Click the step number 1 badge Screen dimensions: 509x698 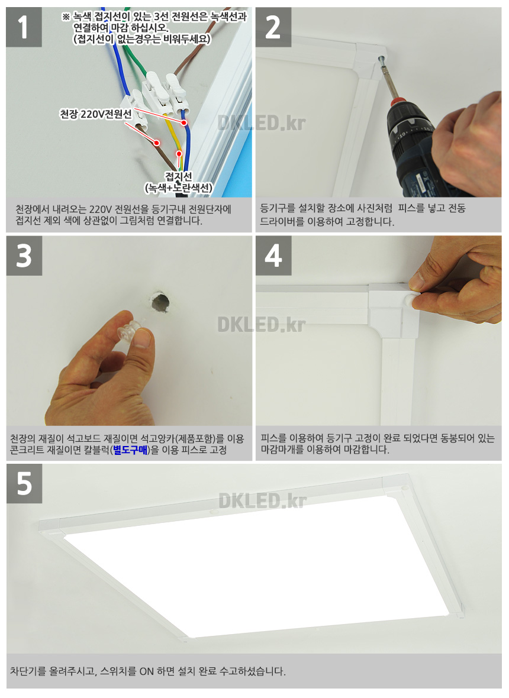click(x=24, y=27)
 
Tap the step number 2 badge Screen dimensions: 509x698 click(x=273, y=27)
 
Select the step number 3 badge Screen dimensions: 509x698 click(x=24, y=256)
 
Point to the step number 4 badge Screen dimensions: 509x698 click(x=273, y=256)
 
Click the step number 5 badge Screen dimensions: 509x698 click(x=24, y=483)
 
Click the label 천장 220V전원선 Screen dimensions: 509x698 click(x=96, y=114)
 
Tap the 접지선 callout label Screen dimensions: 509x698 click(x=178, y=182)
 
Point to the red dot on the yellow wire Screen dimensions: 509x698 click(x=179, y=154)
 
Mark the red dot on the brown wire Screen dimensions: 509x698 click(x=157, y=143)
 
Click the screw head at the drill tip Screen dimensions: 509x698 click(x=381, y=59)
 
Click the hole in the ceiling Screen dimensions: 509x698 click(x=160, y=303)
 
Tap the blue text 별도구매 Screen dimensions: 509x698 click(x=130, y=450)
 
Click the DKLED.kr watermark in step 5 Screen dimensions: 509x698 click(x=262, y=500)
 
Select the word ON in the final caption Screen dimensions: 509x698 click(x=147, y=671)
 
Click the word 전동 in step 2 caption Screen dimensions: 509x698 click(x=455, y=208)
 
